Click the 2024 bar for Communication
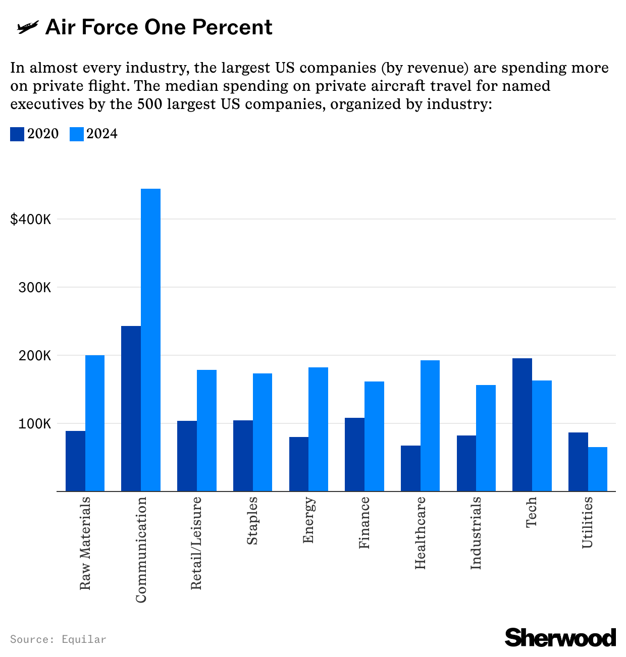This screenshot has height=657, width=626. [x=150, y=340]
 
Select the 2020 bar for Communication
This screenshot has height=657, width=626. [x=131, y=408]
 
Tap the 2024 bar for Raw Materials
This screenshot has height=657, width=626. [x=95, y=423]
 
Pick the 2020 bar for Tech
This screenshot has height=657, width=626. [x=522, y=424]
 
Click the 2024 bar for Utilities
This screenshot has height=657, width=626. [x=598, y=469]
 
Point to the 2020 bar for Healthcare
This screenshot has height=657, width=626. [x=410, y=468]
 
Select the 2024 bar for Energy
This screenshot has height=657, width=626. [x=318, y=429]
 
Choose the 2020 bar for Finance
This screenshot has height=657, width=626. [x=354, y=454]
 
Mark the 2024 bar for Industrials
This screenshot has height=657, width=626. [x=486, y=437]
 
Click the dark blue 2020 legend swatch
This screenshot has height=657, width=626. [x=17, y=134]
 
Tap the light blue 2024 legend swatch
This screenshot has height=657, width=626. [x=76, y=134]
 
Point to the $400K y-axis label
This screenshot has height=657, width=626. [x=31, y=220]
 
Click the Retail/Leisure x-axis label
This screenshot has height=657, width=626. [x=196, y=542]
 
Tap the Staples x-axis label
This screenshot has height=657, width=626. [x=252, y=521]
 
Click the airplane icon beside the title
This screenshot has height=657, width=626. [x=27, y=27]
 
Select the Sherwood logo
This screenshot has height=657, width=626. [x=560, y=637]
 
